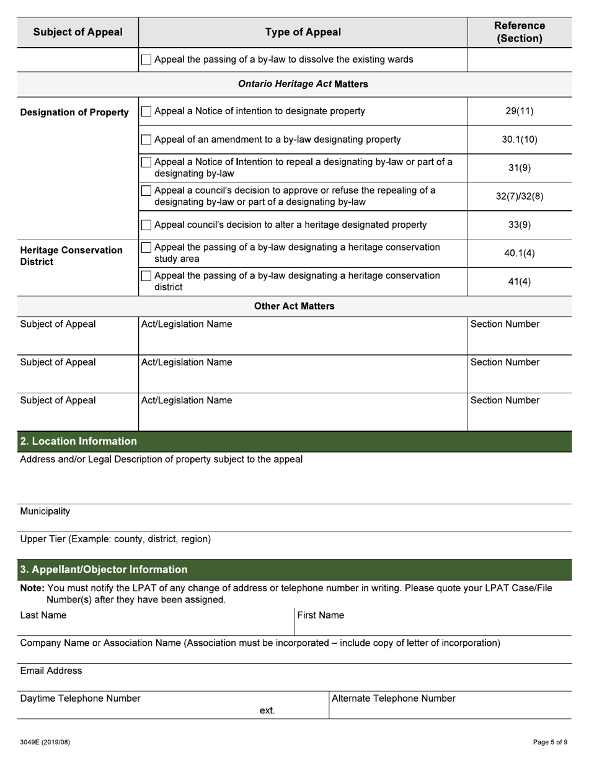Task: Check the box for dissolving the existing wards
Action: point(146,60)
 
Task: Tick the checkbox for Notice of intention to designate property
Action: point(146,112)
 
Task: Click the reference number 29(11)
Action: point(519,112)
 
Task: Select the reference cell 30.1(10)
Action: point(519,140)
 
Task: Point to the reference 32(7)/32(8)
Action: point(519,197)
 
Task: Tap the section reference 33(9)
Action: point(519,225)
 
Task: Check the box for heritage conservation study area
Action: point(146,248)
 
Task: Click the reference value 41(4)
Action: point(519,282)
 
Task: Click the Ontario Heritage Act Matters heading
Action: point(303,84)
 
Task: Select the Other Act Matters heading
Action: point(294,306)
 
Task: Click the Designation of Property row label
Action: point(74,112)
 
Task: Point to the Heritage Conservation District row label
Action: point(71,256)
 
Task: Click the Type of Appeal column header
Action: point(303,32)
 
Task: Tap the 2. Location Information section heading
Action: point(78,442)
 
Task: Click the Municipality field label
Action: point(45,512)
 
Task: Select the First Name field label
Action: point(321,615)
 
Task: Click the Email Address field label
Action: point(51,671)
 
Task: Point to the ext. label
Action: point(267,711)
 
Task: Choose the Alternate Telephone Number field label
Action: point(394,698)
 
